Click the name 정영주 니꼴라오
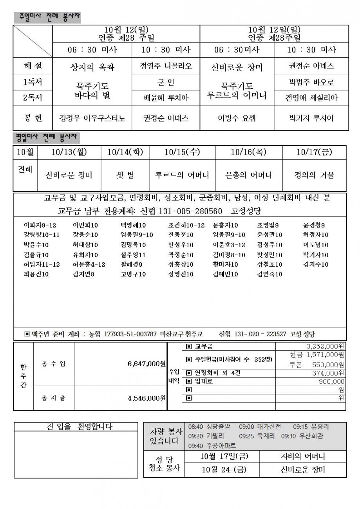(x=166, y=66)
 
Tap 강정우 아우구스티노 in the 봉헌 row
(x=92, y=118)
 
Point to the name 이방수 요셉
(x=237, y=118)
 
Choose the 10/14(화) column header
(x=125, y=152)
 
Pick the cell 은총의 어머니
(x=249, y=175)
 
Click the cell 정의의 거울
(x=314, y=175)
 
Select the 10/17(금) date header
(x=314, y=152)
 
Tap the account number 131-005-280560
(x=191, y=211)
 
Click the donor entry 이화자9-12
(x=40, y=225)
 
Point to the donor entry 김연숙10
(x=270, y=274)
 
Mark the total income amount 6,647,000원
(x=147, y=364)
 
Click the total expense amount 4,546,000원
(x=147, y=398)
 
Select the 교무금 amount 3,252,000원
(x=325, y=346)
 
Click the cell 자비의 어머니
(x=303, y=457)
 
